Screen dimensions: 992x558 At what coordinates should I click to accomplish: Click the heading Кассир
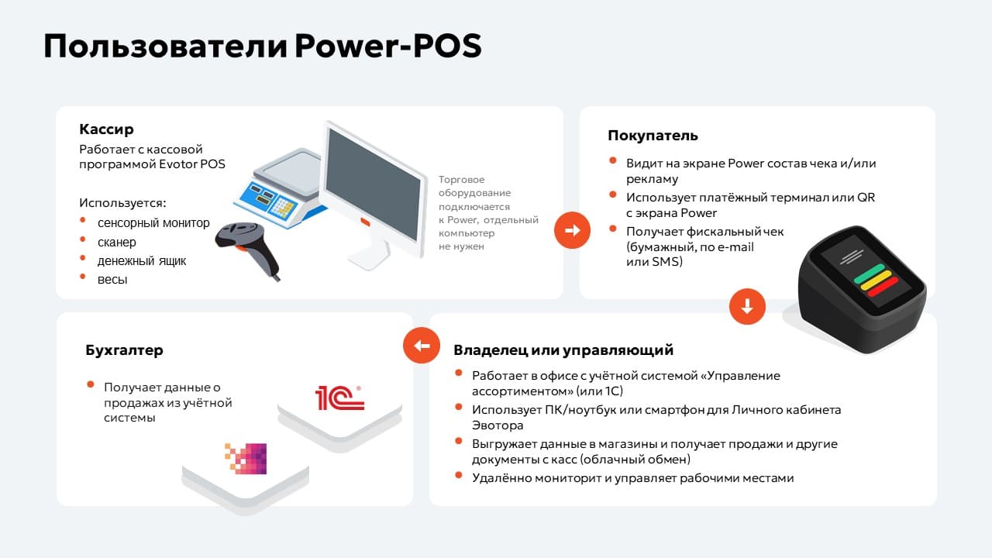pos(106,129)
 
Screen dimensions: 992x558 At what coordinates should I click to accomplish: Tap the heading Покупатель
pos(653,136)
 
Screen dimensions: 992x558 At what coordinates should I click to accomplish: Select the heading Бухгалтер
pos(125,350)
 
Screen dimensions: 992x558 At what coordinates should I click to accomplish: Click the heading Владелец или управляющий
pos(563,350)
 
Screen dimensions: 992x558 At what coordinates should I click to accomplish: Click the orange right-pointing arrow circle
pos(572,230)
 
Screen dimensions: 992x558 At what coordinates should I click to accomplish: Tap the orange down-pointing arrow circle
pos(747,306)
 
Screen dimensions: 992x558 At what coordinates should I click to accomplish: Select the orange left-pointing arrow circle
pos(422,346)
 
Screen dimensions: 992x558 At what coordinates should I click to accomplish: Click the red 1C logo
pos(339,398)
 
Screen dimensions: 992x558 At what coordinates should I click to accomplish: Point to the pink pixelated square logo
pos(246,458)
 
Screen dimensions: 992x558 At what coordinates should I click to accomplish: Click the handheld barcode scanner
pos(248,249)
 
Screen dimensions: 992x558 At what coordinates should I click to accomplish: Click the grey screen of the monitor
pos(374,184)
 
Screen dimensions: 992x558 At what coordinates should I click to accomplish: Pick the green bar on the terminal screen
pos(869,274)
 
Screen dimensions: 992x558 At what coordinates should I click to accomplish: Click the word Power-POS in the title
pos(388,46)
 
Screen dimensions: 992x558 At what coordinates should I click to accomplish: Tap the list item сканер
pos(117,243)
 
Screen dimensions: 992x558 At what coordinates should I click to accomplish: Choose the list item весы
pos(112,280)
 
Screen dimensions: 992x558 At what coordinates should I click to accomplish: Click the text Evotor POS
pos(191,164)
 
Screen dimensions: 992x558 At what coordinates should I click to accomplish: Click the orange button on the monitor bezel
pos(365,222)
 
